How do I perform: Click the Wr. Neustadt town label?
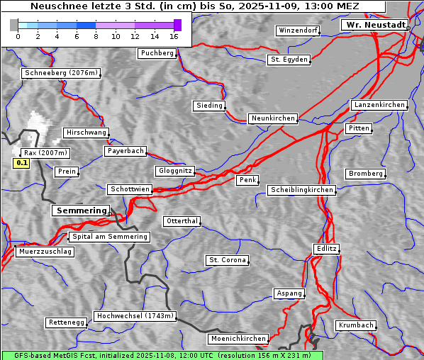[374, 25]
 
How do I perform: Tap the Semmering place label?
[81, 210]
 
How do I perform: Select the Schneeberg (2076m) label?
[60, 73]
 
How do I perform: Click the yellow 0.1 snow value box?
[21, 163]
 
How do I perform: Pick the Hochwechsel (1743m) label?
[135, 316]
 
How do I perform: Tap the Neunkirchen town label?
[272, 118]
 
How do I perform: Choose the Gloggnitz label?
[174, 171]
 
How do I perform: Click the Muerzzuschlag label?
[45, 252]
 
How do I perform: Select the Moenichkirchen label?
[238, 339]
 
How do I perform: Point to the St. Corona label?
[227, 260]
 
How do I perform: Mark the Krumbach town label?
[355, 325]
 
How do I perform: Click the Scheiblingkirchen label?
[301, 190]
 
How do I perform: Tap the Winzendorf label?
[298, 30]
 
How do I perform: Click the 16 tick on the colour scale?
[174, 35]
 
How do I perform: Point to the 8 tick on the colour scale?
[96, 35]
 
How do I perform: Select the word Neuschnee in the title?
[55, 6]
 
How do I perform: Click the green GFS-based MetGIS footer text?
[162, 355]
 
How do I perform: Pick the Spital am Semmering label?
[109, 237]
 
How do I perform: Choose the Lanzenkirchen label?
[379, 105]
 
